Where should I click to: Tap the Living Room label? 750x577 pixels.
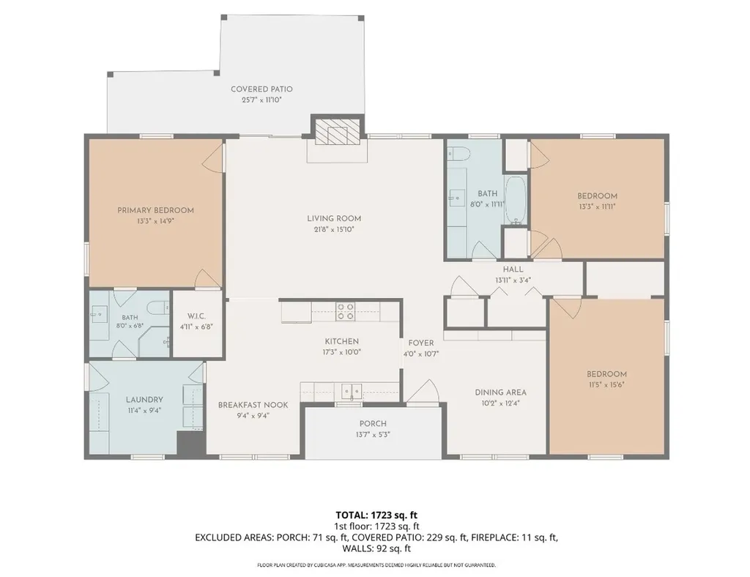(x=334, y=218)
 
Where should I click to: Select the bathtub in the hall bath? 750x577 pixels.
(x=516, y=201)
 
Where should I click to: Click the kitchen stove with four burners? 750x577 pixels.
(x=346, y=311)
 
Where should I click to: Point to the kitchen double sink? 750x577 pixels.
(x=352, y=391)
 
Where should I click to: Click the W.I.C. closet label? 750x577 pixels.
(x=196, y=316)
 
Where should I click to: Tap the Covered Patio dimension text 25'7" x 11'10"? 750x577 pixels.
(x=261, y=100)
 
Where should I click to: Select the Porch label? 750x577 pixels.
(x=373, y=423)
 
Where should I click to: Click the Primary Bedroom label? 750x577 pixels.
(x=155, y=210)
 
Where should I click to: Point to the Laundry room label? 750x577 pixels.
(x=144, y=400)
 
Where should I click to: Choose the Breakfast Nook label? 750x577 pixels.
(x=253, y=405)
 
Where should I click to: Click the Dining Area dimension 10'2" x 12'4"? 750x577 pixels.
(x=500, y=403)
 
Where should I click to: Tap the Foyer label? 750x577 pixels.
(x=421, y=343)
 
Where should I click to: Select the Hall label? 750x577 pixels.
(x=513, y=269)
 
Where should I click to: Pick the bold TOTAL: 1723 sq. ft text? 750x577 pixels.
(x=376, y=515)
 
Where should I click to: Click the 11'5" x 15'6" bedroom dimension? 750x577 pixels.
(x=606, y=385)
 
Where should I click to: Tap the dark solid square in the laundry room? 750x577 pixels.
(x=191, y=443)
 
